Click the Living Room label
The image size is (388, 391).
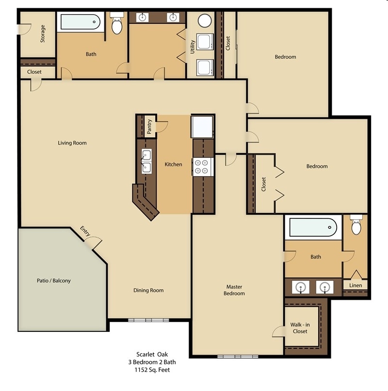72,143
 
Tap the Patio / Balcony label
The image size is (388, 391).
54,280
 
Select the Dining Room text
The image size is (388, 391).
148,290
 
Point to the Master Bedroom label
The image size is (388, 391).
234,290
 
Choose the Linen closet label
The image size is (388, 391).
356,285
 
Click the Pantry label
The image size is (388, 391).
149,126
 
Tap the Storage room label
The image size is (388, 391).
43,34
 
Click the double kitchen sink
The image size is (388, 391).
146,161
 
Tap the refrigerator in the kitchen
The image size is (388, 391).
202,127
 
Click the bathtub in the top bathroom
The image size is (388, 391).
80,22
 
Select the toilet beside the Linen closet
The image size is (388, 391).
356,226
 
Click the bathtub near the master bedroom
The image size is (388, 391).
313,227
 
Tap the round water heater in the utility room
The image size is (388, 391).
205,21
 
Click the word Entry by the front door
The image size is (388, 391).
86,232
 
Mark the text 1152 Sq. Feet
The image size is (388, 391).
152,370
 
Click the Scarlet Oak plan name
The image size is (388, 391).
152,355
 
